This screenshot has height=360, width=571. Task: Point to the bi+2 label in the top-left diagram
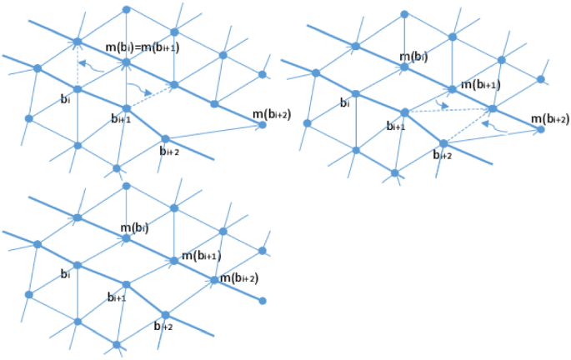(170, 151)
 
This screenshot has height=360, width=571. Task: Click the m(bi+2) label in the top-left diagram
(270, 114)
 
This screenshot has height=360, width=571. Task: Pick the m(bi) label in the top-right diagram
(414, 56)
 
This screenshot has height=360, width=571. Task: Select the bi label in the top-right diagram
(344, 103)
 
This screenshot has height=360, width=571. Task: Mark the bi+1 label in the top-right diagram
(395, 126)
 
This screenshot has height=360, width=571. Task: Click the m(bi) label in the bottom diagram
(134, 227)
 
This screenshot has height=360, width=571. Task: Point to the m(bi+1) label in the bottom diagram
(201, 255)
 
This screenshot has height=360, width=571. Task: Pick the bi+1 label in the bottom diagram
(117, 297)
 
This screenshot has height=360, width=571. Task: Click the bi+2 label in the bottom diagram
(163, 327)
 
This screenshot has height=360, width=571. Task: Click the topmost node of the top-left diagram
(126, 9)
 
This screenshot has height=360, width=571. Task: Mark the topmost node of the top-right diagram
(403, 14)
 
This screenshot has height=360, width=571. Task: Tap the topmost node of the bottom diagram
(126, 186)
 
